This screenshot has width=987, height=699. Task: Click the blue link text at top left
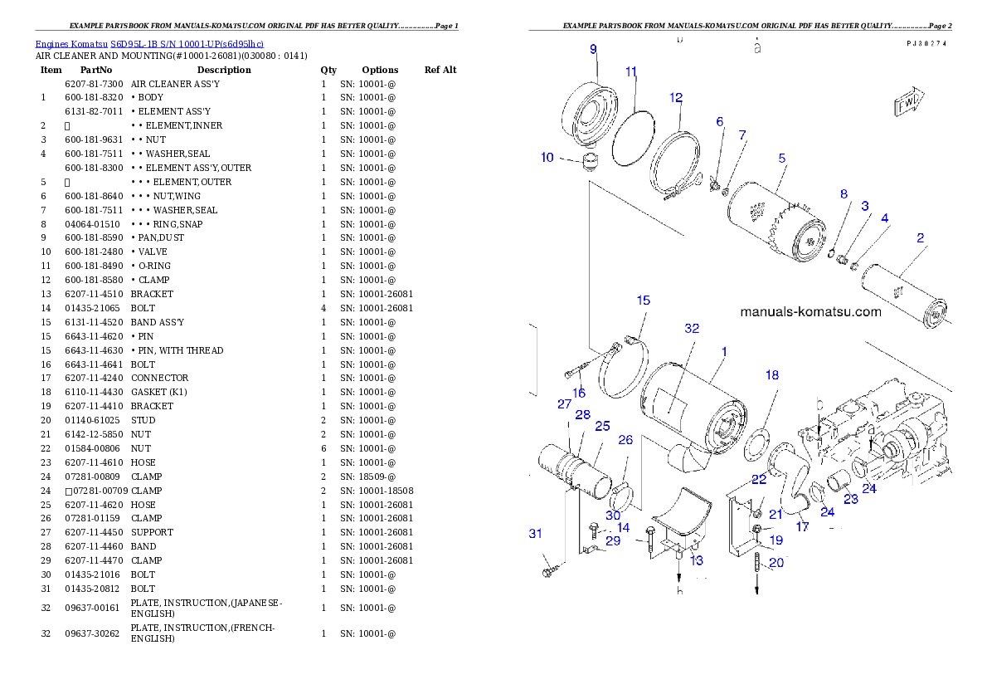[x=149, y=43]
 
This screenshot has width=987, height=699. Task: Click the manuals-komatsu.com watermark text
[x=810, y=312]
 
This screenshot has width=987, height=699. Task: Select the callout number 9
[x=593, y=50]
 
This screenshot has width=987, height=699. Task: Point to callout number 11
[x=631, y=72]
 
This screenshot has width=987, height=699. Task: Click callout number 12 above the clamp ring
[x=676, y=98]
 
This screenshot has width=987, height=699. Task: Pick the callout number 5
[x=781, y=158]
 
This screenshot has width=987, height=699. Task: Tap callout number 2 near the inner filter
[x=920, y=238]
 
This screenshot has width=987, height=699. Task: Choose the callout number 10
[x=547, y=158]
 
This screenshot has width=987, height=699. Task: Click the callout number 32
[x=692, y=329]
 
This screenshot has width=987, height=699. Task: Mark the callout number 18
[x=772, y=375]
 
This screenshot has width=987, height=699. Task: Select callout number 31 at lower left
[x=536, y=533]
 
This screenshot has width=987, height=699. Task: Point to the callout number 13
[x=697, y=560]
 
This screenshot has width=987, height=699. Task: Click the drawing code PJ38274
[x=928, y=42]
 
